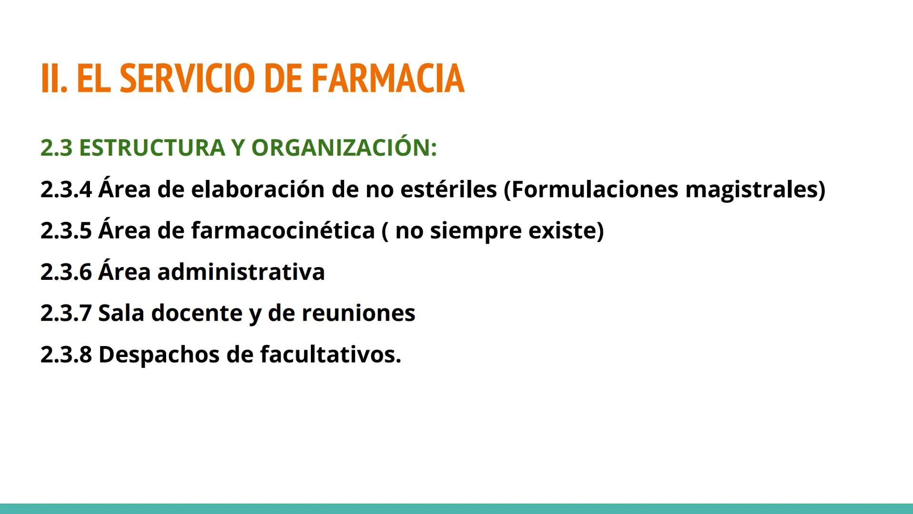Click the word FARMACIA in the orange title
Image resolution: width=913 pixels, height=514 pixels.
pyautogui.click(x=387, y=78)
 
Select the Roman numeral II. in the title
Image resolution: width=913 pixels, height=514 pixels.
pyautogui.click(x=54, y=78)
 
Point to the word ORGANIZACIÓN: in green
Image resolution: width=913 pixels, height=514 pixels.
pyautogui.click(x=344, y=148)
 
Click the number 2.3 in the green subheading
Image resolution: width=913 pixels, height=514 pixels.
pyautogui.click(x=57, y=148)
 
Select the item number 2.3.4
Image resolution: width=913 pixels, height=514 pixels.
pyautogui.click(x=66, y=189)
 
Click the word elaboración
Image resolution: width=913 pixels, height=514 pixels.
pyautogui.click(x=258, y=189)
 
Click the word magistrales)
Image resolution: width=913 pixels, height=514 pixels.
pyautogui.click(x=755, y=189)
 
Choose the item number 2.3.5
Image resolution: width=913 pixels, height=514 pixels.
pyautogui.click(x=66, y=231)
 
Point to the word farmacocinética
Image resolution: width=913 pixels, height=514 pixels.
pyautogui.click(x=283, y=231)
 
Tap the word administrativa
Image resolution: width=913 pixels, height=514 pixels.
pyautogui.click(x=241, y=272)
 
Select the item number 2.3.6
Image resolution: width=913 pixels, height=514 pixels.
pyautogui.click(x=66, y=272)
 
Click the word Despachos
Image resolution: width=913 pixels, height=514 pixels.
pyautogui.click(x=159, y=355)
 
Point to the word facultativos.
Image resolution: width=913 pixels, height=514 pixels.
pyautogui.click(x=330, y=355)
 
